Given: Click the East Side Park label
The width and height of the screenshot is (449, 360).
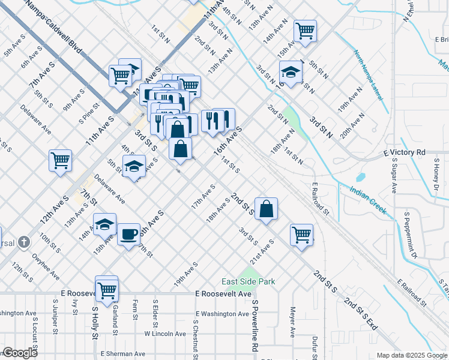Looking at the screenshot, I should coord(248,281).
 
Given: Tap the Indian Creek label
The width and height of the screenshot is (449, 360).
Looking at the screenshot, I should coord(368,201).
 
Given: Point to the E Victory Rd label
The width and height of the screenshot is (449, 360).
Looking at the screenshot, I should coord(404,153).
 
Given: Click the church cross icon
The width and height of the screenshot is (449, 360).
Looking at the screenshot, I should coord(23,242).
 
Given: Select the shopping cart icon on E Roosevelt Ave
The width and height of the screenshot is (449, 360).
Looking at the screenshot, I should coord(107,290).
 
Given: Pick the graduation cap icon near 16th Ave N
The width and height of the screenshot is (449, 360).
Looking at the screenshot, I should coord(291,73).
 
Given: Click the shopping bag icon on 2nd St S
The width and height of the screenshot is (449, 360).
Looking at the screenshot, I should coord(267,209).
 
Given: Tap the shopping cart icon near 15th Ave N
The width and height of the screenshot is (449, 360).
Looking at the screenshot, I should coord(305,30).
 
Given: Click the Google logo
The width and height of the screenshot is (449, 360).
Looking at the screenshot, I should coord(19,353).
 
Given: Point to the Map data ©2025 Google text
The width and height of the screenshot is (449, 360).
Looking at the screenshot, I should coord(411,355).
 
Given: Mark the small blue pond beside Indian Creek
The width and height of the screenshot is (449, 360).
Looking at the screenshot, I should coord(360,178).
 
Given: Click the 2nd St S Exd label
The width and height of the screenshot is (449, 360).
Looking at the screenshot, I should coord(361,314).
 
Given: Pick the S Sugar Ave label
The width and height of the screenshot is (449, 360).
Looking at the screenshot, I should coord(394,176).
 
